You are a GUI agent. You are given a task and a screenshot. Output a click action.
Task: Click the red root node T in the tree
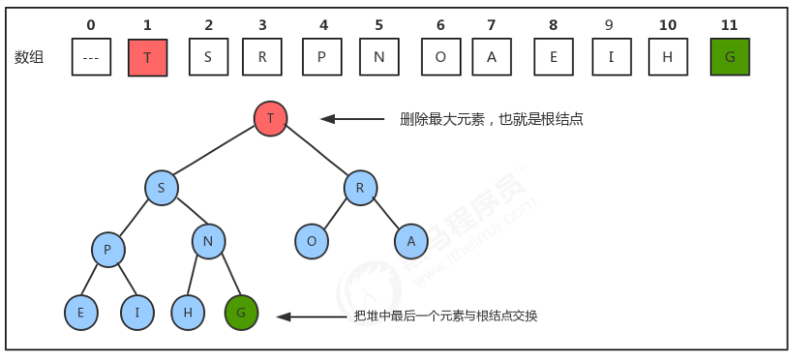tap(271, 118)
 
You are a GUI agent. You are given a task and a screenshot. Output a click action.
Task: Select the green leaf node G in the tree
tap(241, 313)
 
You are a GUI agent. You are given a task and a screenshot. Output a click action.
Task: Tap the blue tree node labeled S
tap(162, 188)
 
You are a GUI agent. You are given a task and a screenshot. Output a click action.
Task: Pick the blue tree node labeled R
tap(360, 188)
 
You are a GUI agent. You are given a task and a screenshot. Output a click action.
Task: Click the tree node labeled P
tap(108, 249)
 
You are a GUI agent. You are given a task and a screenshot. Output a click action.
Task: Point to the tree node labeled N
tap(209, 241)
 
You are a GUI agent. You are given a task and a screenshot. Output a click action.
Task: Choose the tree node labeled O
tap(312, 241)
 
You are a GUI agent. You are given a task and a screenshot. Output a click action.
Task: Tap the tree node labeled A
tap(411, 241)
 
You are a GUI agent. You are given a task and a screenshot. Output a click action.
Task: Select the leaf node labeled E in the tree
tap(81, 313)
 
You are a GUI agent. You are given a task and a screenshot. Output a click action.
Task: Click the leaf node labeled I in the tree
tap(138, 313)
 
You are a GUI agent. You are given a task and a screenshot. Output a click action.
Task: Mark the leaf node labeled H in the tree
tap(188, 313)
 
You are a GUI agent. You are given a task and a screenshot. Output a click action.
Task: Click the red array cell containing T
tap(147, 57)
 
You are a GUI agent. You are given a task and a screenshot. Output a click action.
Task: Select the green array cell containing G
tap(730, 57)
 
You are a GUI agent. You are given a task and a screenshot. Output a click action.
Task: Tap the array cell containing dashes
tap(91, 57)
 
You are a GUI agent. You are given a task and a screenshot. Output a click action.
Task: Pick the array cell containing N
tap(379, 57)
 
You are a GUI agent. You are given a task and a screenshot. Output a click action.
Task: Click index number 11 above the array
tap(730, 23)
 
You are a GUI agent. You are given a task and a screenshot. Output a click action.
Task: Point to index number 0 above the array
tap(91, 23)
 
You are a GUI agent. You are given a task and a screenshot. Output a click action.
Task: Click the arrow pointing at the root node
tap(352, 119)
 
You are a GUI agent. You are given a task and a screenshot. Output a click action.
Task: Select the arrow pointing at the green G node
tap(310, 316)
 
